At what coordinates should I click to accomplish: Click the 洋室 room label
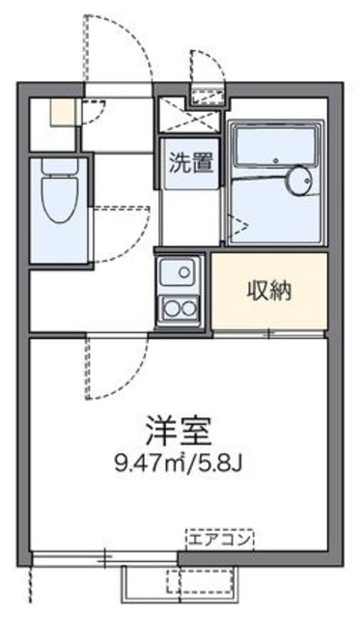[x=180, y=427]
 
